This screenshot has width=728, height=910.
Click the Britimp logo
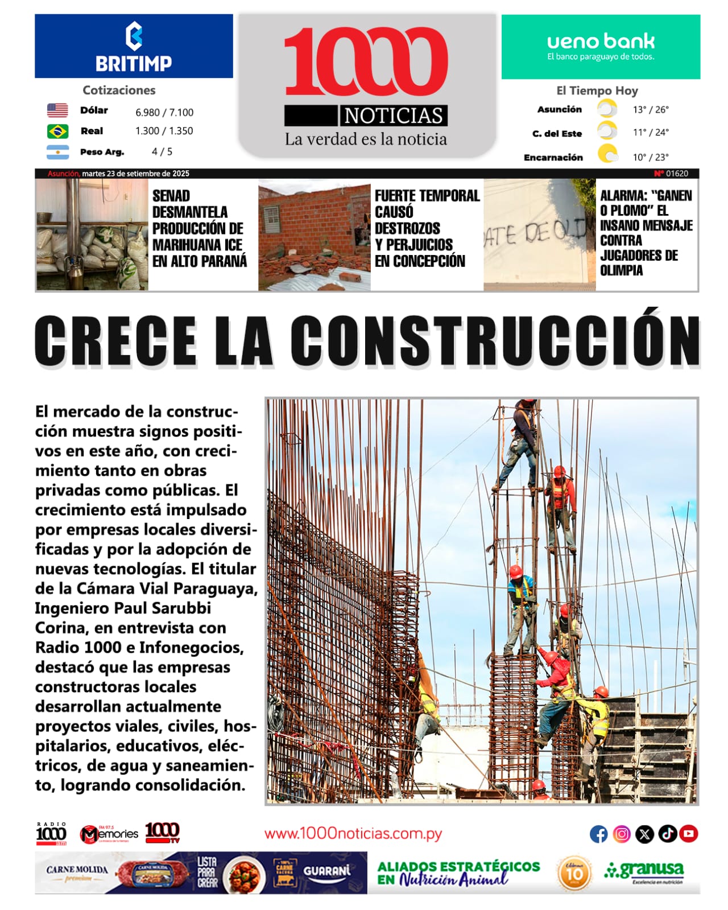(134, 47)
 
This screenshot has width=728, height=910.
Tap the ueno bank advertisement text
(601, 46)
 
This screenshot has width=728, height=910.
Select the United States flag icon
(57, 110)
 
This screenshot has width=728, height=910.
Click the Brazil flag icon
(57, 131)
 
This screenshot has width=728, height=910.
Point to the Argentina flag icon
(57, 152)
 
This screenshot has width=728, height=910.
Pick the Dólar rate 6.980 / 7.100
(164, 113)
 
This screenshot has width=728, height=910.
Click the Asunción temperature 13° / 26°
(651, 110)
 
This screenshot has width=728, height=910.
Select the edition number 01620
(677, 174)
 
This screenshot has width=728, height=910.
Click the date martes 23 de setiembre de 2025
(135, 174)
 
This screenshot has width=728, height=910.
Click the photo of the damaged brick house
(314, 236)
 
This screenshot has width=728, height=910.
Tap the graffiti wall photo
(539, 236)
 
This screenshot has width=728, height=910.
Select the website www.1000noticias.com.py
(353, 834)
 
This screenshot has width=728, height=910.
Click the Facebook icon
(598, 834)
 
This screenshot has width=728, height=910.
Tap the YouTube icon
(688, 834)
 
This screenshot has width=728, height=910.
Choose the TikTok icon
(667, 834)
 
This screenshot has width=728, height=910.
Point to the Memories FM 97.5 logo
(109, 834)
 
